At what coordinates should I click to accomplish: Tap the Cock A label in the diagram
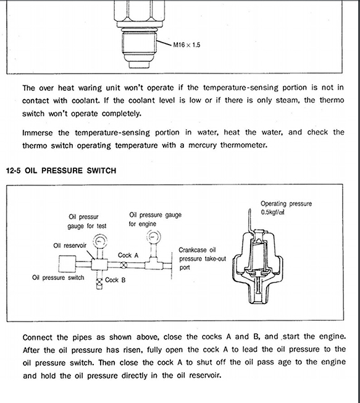pos(128,255)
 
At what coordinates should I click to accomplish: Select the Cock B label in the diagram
pos(116,280)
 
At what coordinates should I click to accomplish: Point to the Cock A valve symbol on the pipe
pos(123,265)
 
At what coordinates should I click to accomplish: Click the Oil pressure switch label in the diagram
pos(58,278)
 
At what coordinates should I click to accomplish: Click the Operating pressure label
pos(286,203)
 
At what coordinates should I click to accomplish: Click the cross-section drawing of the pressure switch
pos(262,260)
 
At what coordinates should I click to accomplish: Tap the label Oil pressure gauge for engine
pos(155,219)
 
